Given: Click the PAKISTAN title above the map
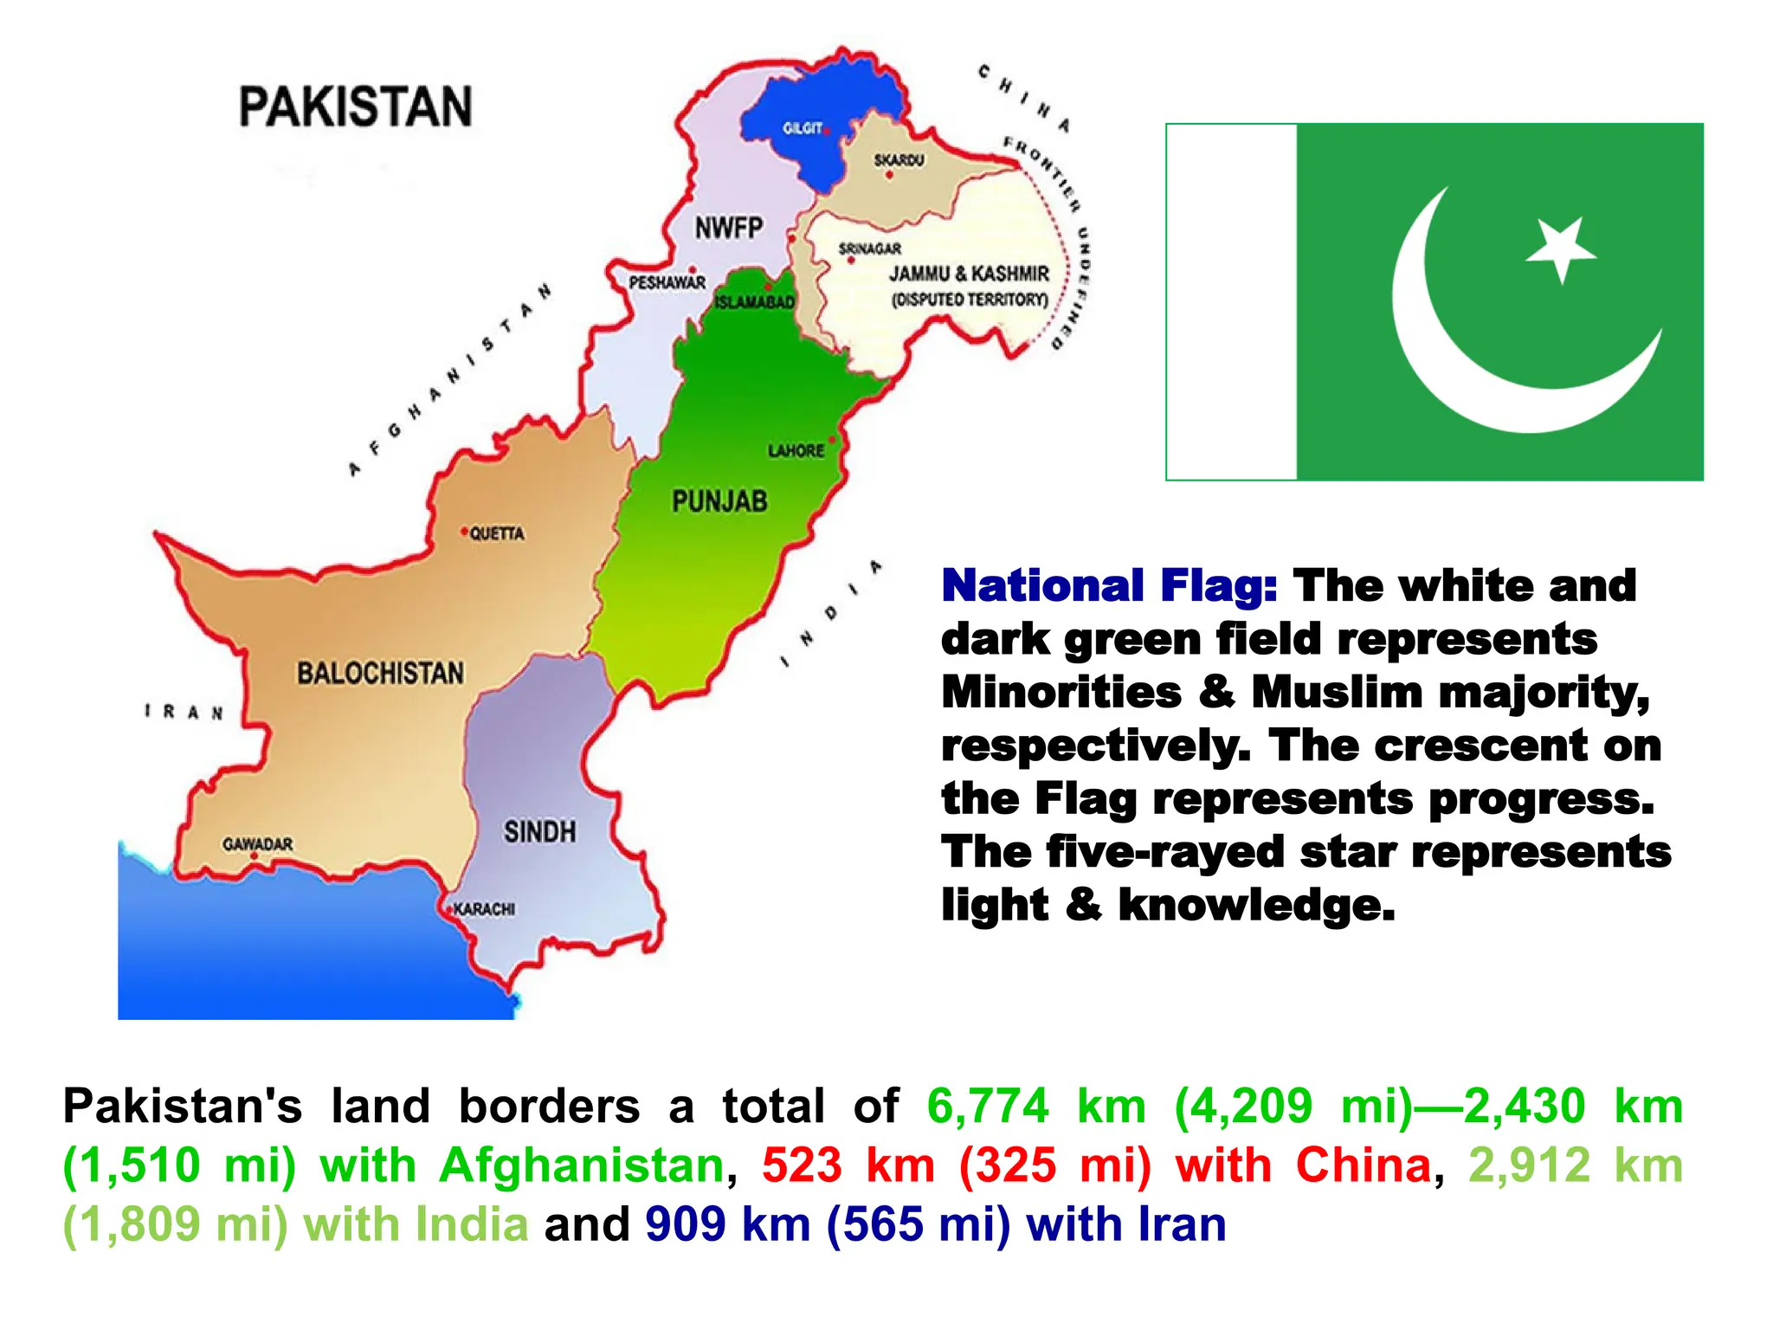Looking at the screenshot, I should click(x=355, y=107).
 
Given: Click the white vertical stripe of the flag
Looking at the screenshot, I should click(x=1232, y=301).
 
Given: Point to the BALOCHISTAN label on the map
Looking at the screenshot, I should click(x=380, y=673).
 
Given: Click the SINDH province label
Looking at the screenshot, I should click(x=539, y=832).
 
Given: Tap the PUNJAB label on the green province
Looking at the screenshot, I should click(x=719, y=500).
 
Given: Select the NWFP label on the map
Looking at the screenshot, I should click(x=729, y=228).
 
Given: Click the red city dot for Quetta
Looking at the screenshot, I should click(x=465, y=531).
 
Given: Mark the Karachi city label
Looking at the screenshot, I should click(x=484, y=909).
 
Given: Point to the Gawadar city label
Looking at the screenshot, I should click(x=257, y=843).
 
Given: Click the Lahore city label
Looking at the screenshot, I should click(x=796, y=451).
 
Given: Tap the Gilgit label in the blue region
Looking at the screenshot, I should click(x=802, y=128).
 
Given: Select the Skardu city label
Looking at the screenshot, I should click(x=899, y=160).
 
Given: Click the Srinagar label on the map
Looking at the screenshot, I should click(x=869, y=249).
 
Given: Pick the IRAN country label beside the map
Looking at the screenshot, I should click(x=184, y=712).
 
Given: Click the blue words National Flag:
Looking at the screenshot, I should click(x=1109, y=586).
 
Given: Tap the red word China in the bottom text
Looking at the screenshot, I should click(x=1364, y=1165).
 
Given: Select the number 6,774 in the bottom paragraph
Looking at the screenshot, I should click(x=987, y=1106).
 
